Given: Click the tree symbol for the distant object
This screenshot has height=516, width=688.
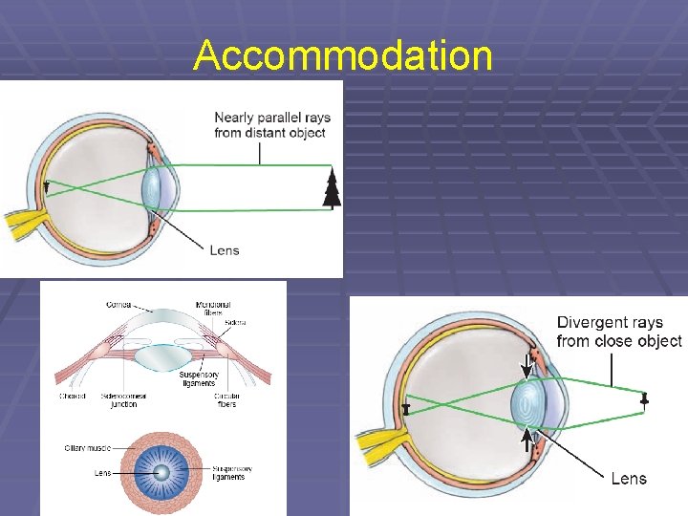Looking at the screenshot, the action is point(332,188).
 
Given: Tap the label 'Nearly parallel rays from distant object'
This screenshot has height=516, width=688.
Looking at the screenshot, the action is point(272,125).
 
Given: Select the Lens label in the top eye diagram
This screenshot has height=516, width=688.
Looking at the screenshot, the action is point(224,250).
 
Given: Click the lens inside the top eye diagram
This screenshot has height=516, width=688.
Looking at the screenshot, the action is point(153,187).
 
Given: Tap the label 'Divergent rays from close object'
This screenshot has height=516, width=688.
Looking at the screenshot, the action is point(618,332).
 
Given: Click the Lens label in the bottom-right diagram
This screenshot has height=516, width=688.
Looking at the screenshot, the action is point(629,479).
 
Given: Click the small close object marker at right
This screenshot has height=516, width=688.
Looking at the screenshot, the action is point(645,401).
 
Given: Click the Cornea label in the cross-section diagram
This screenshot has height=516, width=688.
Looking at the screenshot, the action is point(119,305).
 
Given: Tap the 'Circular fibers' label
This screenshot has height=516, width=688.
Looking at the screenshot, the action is point(226,400).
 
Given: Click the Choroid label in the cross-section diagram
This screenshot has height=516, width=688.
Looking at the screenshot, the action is point(73,396).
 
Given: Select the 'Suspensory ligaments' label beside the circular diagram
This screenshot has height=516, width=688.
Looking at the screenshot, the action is point(232,473).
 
